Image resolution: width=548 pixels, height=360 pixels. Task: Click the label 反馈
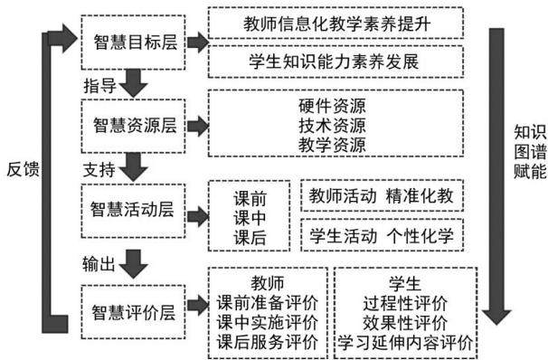[24, 169]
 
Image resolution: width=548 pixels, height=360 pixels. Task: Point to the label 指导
[99, 86]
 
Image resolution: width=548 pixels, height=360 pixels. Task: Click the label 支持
[99, 170]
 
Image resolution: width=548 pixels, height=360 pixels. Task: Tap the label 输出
[99, 264]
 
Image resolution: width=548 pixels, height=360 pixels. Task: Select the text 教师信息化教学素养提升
[337, 24]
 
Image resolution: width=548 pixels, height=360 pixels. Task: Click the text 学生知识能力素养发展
[334, 62]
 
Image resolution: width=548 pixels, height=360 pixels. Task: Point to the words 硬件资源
[333, 106]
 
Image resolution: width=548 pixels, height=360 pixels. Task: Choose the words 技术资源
[333, 126]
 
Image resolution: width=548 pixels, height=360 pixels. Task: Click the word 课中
[250, 219]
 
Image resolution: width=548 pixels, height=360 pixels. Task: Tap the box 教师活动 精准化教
[382, 195]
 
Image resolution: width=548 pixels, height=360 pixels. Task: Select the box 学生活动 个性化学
[382, 235]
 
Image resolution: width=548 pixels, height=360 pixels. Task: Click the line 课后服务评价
[268, 342]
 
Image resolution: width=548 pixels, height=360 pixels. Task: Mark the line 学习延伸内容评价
[405, 343]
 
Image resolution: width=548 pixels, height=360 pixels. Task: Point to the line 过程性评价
[405, 303]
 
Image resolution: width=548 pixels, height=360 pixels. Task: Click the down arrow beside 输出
[134, 264]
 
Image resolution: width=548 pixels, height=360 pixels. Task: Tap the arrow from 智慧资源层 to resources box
[198, 126]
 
